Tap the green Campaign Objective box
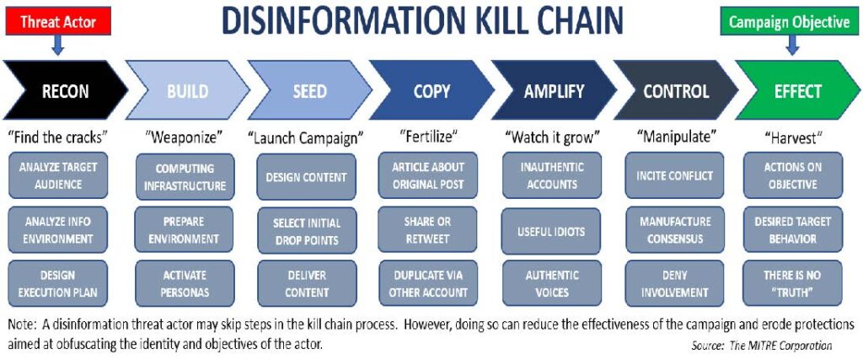pyautogui.click(x=789, y=22)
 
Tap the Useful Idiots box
pyautogui.click(x=553, y=231)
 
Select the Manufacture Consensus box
pyautogui.click(x=675, y=231)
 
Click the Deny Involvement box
pyautogui.click(x=675, y=284)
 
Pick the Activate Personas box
pyautogui.click(x=185, y=284)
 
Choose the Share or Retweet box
pyautogui.click(x=429, y=231)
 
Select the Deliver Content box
pyautogui.click(x=307, y=284)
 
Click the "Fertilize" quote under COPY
pyautogui.click(x=428, y=136)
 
